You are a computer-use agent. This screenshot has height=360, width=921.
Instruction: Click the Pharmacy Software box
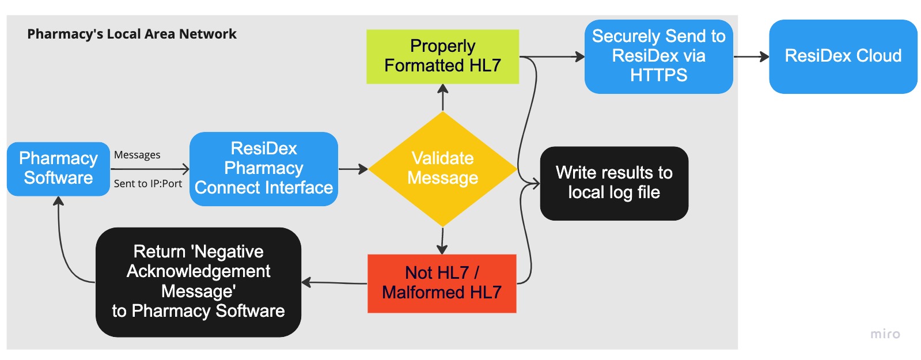point(58,169)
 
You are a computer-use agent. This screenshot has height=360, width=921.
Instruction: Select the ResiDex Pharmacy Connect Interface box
point(264,169)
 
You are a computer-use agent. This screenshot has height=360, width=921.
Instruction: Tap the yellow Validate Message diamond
point(442,169)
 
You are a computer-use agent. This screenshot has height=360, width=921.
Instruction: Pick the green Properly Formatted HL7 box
point(442,56)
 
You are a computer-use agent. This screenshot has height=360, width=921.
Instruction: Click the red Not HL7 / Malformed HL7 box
point(442,283)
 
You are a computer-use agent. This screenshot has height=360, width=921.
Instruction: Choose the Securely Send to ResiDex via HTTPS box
point(658,56)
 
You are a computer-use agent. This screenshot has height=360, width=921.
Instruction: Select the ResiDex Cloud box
point(843,56)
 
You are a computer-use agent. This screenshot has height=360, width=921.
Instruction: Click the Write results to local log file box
point(614,183)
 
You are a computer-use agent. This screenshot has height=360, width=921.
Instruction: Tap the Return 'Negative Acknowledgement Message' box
point(198,282)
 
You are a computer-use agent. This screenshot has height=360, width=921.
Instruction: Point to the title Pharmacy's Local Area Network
point(132,34)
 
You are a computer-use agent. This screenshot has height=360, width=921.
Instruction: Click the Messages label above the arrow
point(137,155)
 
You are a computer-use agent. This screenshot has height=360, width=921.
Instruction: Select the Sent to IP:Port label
point(148,184)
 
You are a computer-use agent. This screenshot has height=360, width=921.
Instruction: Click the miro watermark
point(885,334)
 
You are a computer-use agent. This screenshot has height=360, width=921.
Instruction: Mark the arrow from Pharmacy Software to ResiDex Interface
point(150,169)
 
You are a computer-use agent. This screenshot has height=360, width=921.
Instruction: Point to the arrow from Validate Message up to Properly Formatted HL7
point(442,97)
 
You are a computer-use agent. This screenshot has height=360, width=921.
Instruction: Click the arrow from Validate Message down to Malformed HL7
point(442,241)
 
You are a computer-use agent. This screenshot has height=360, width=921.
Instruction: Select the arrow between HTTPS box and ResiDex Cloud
point(751,56)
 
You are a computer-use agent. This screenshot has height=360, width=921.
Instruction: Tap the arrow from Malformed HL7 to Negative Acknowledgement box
point(334,283)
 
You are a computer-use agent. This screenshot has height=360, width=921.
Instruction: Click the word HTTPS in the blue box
point(658,75)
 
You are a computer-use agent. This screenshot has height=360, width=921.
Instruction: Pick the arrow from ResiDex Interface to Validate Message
point(353,169)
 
